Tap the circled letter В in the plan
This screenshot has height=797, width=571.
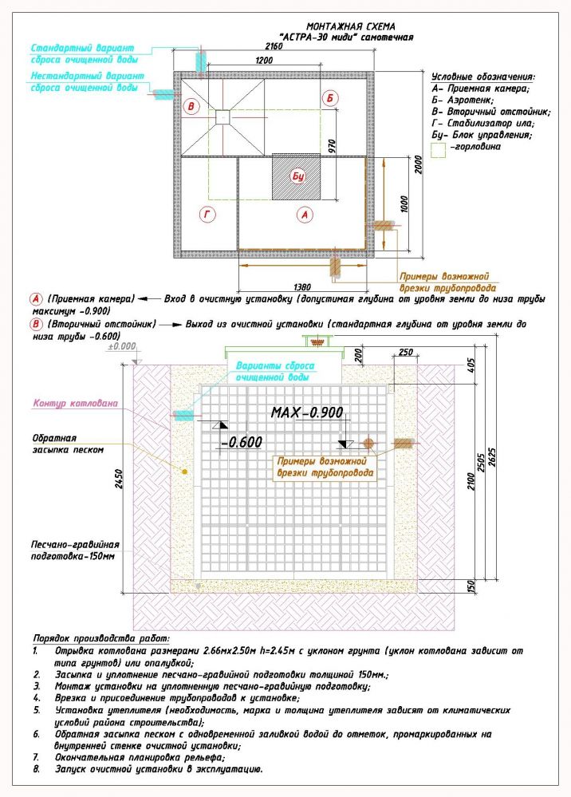pyautogui.click(x=191, y=107)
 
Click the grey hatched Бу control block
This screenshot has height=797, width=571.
pyautogui.click(x=297, y=177)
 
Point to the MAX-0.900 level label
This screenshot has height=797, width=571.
pyautogui.click(x=307, y=412)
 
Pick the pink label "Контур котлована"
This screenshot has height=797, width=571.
pyautogui.click(x=76, y=404)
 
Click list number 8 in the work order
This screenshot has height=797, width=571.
pyautogui.click(x=37, y=769)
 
